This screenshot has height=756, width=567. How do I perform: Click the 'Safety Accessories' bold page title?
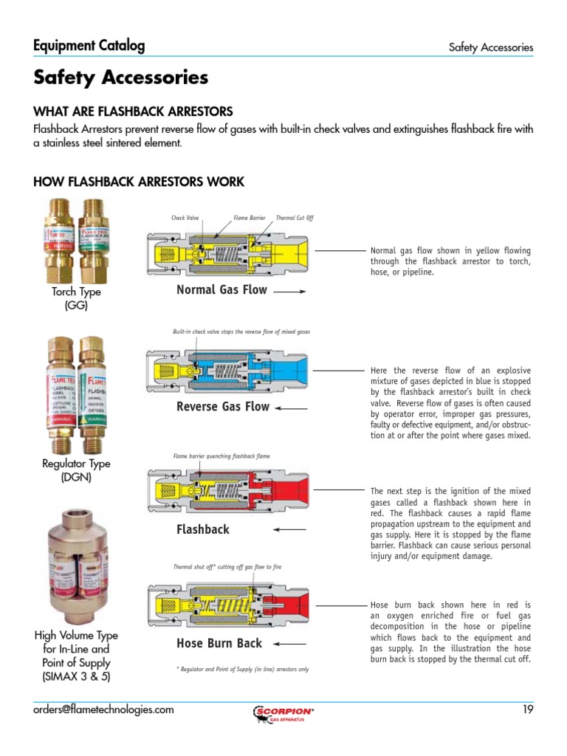pyautogui.click(x=120, y=78)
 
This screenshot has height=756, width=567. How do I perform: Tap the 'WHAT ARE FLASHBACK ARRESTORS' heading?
pyautogui.click(x=133, y=111)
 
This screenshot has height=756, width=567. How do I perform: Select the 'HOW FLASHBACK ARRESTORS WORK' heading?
pyautogui.click(x=139, y=182)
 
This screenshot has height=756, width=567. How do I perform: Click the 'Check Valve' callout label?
pyautogui.click(x=185, y=218)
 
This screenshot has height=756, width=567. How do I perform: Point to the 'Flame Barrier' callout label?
pyautogui.click(x=249, y=218)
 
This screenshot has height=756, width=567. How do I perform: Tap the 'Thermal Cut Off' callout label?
pyautogui.click(x=295, y=218)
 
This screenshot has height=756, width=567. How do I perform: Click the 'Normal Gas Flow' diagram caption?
pyautogui.click(x=221, y=289)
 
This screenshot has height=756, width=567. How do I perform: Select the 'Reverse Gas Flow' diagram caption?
pyautogui.click(x=223, y=406)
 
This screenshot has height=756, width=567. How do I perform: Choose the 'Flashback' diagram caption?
pyautogui.click(x=203, y=529)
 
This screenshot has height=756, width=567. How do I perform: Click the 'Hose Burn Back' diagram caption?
pyautogui.click(x=219, y=643)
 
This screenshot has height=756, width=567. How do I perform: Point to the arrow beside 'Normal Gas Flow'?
pyautogui.click(x=290, y=292)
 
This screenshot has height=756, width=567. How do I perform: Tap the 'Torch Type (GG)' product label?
pyautogui.click(x=76, y=298)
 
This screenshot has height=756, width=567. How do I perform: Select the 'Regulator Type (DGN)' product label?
pyautogui.click(x=76, y=470)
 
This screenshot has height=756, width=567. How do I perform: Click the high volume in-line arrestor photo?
pyautogui.click(x=75, y=565)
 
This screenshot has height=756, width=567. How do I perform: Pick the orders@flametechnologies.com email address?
pyautogui.click(x=104, y=709)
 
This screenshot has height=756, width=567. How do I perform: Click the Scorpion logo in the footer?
pyautogui.click(x=283, y=712)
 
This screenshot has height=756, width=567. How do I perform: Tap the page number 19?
pyautogui.click(x=527, y=709)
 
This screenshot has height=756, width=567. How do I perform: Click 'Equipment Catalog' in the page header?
pyautogui.click(x=89, y=46)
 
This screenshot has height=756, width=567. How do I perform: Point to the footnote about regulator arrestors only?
pyautogui.click(x=242, y=670)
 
